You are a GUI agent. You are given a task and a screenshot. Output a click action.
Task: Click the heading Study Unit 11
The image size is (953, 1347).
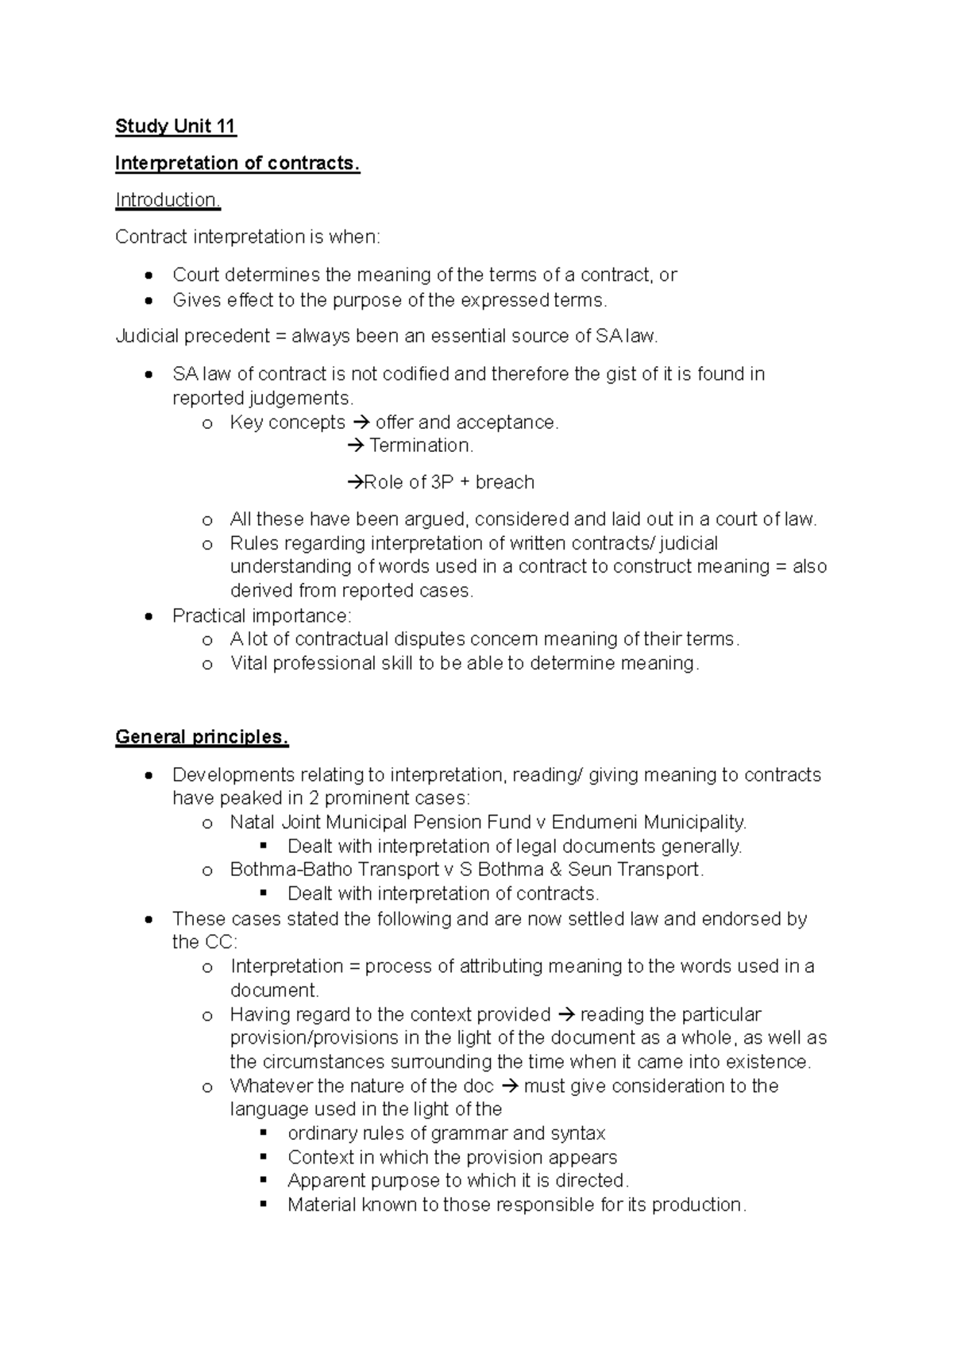point(176,126)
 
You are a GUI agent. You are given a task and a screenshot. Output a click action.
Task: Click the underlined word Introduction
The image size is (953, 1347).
point(168,200)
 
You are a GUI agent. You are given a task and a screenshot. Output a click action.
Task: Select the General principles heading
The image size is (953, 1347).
point(202,737)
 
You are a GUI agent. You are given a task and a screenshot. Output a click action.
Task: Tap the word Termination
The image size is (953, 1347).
point(421,446)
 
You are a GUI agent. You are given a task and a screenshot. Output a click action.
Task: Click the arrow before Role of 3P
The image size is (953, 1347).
point(355,482)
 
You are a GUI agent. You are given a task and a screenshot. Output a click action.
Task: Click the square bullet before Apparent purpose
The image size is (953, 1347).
point(264,1180)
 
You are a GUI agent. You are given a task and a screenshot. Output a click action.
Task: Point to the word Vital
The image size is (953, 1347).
point(249,663)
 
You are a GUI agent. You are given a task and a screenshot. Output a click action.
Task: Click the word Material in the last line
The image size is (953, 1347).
point(322,1205)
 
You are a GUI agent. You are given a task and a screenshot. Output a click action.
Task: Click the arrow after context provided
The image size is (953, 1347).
point(565,1014)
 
